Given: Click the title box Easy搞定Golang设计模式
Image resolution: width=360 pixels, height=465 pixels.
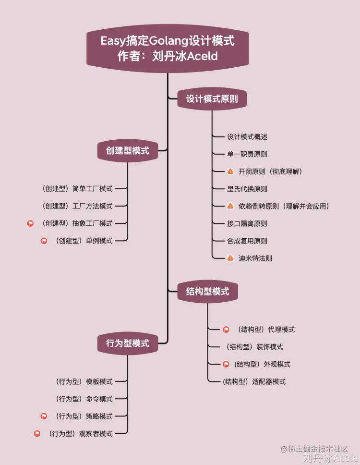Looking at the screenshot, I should click(168, 48).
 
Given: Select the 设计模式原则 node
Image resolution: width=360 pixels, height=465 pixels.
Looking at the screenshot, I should click(212, 99).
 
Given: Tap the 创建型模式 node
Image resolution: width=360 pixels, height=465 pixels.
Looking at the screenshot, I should click(128, 151).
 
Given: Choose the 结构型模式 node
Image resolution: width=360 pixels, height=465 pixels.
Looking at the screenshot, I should click(207, 291).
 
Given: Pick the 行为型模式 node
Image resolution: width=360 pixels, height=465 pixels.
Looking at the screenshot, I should click(128, 343).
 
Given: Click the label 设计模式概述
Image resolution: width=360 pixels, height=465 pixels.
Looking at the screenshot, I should click(247, 137).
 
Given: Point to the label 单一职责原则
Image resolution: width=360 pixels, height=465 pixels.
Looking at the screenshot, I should click(247, 154).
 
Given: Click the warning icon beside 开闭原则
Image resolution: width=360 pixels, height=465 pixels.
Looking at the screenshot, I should click(230, 171).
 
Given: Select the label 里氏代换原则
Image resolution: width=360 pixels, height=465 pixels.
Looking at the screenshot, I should click(247, 189).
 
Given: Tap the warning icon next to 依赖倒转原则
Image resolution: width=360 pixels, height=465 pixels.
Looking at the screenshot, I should click(230, 206).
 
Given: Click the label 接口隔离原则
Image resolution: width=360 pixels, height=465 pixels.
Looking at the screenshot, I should click(247, 223).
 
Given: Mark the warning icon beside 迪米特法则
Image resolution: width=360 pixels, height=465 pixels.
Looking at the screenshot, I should click(230, 258).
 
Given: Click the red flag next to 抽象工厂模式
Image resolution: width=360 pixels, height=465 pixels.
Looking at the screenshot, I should click(31, 223).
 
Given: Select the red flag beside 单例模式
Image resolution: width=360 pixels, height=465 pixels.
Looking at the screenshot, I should click(44, 241).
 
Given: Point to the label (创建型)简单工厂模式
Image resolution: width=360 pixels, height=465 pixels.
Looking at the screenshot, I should click(77, 189).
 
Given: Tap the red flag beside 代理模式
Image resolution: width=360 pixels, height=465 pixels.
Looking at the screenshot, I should click(226, 330).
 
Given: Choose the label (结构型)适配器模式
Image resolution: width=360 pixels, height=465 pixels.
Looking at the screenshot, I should click(254, 381).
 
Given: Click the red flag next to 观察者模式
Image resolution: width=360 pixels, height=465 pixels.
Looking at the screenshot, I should click(37, 433).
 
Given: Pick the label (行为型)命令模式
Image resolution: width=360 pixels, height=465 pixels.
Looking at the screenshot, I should click(84, 399).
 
